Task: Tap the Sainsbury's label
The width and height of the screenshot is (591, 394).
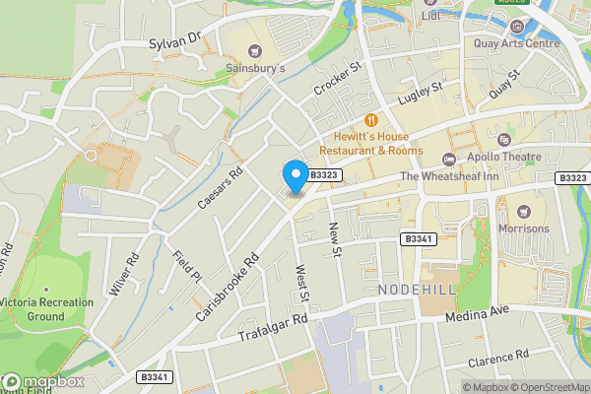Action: click(254, 69)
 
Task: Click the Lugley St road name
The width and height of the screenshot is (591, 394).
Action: click(421, 96)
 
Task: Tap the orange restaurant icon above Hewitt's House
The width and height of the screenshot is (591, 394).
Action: click(372, 120)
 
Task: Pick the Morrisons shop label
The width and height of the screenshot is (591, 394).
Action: click(523, 229)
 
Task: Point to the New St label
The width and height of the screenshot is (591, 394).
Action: click(333, 239)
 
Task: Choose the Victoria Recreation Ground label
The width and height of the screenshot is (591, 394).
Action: click(46, 309)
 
